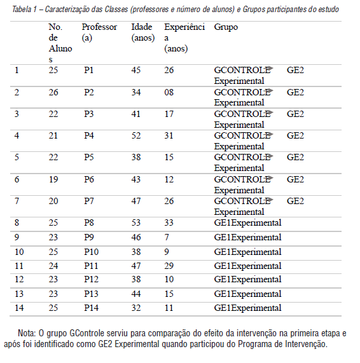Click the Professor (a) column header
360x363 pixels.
pyautogui.click(x=99, y=33)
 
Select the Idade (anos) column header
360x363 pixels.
pyautogui.click(x=143, y=33)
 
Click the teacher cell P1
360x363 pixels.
pyautogui.click(x=89, y=71)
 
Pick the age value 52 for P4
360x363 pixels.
pyautogui.click(x=136, y=135)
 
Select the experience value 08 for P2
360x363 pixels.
pyautogui.click(x=169, y=92)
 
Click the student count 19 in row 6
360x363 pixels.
pyautogui.click(x=53, y=180)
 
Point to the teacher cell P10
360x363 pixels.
pyautogui.click(x=92, y=252)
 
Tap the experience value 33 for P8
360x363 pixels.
pyautogui.click(x=169, y=223)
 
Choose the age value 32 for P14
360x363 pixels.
pyautogui.click(x=136, y=308)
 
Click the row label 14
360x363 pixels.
pyautogui.click(x=19, y=308)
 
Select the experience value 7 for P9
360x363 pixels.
pyautogui.click(x=167, y=237)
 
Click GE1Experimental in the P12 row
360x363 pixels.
pyautogui.click(x=247, y=280)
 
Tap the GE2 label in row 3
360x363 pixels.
pyautogui.click(x=295, y=114)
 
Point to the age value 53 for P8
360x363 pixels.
pyautogui.click(x=136, y=223)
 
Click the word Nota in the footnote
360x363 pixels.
pyautogui.click(x=27, y=332)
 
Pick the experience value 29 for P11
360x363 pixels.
pyautogui.click(x=169, y=266)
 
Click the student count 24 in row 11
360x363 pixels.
pyautogui.click(x=53, y=266)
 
